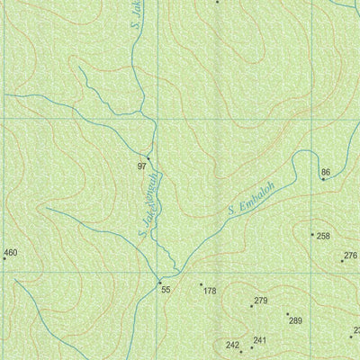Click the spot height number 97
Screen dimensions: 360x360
tap(142, 166)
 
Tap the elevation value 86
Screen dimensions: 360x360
tap(326, 171)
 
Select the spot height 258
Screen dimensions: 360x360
tap(324, 236)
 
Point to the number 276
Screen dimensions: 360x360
tap(351, 256)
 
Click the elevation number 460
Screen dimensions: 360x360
tap(11, 253)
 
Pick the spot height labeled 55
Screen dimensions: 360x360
tap(166, 289)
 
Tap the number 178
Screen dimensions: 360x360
tap(210, 291)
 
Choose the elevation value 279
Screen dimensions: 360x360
tap(261, 301)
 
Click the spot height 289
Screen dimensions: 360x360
tap(295, 320)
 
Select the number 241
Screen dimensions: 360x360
tap(260, 340)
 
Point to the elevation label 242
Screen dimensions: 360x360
tap(232, 346)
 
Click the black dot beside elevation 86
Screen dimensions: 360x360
tap(323, 178)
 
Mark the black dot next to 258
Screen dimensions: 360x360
tap(312, 235)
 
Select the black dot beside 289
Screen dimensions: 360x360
tap(287, 313)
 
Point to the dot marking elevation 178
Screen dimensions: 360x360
tap(201, 284)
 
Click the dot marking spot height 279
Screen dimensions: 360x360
tap(251, 306)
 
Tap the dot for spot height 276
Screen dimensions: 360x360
tap(342, 261)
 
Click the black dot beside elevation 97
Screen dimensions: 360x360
tap(148, 158)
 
